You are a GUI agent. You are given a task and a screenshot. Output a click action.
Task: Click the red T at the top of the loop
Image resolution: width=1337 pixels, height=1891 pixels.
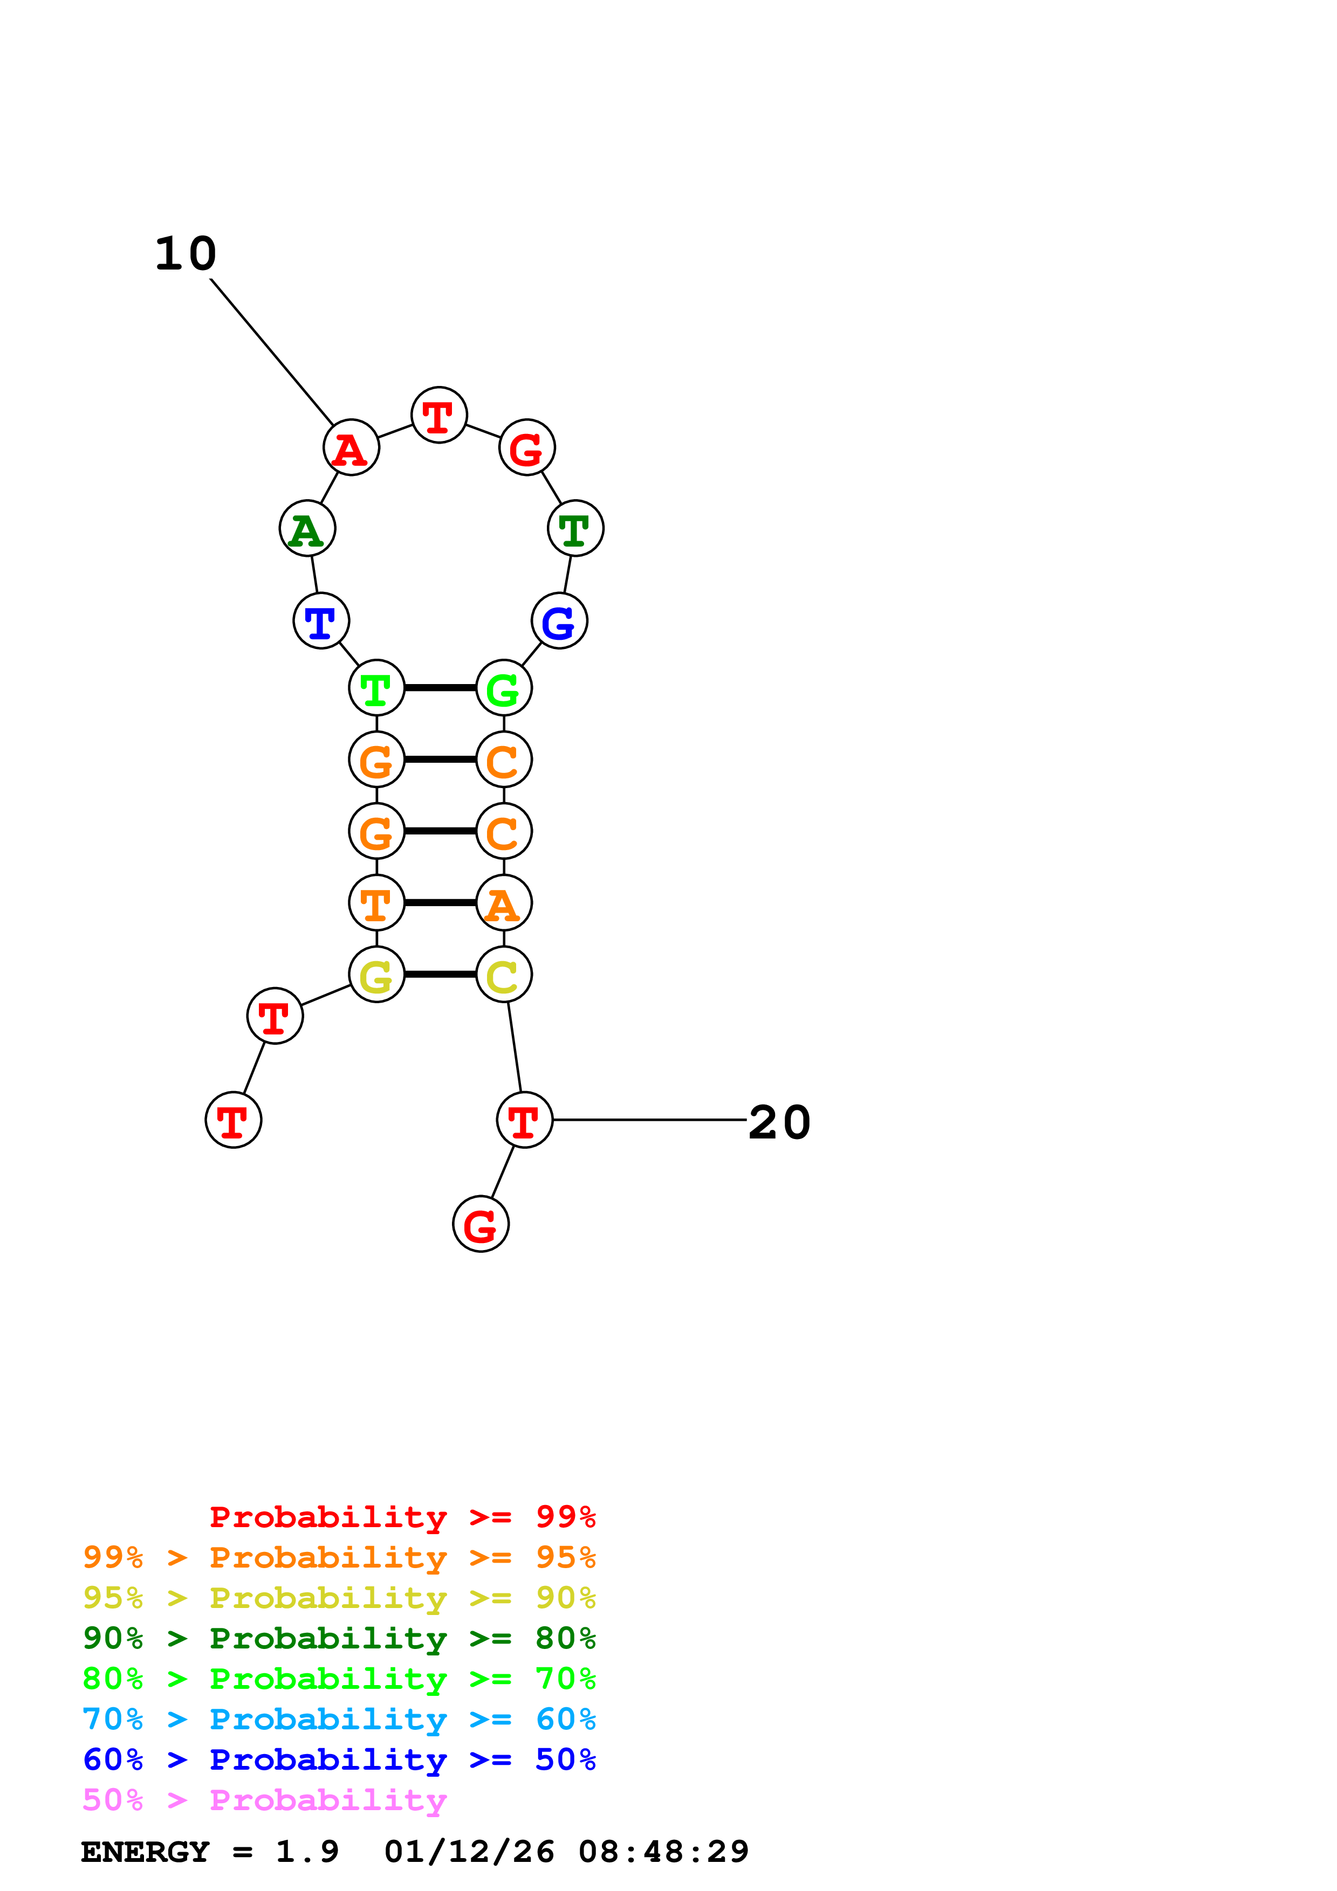[x=439, y=415]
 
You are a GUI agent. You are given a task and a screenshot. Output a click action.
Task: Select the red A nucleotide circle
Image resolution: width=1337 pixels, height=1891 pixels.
[x=351, y=448]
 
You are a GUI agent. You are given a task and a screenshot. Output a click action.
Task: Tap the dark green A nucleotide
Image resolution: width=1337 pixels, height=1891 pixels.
[x=307, y=529]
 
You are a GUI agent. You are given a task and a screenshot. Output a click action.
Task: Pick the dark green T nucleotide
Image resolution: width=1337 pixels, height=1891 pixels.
[x=575, y=529]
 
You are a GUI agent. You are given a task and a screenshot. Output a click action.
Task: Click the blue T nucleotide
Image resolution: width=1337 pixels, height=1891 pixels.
[x=321, y=621]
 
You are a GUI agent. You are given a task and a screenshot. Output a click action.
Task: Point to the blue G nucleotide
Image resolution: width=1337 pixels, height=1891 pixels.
[x=559, y=621]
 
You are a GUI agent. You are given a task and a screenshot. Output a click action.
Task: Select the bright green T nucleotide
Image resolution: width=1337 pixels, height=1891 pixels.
[x=376, y=688]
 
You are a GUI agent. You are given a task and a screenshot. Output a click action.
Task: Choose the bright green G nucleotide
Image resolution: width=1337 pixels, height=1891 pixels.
[x=503, y=688]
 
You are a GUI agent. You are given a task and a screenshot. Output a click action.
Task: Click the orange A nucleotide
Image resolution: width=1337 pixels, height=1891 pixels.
[x=503, y=903]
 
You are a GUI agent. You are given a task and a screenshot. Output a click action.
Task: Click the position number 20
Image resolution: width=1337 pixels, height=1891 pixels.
[x=779, y=1122]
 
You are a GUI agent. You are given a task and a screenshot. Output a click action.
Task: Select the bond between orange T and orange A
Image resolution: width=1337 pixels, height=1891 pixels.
[x=440, y=903]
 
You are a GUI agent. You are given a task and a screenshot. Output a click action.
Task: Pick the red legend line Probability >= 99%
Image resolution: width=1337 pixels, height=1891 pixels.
[x=402, y=1517]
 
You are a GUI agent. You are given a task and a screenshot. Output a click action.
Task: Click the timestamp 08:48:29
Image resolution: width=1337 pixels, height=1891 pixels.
[x=663, y=1852]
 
